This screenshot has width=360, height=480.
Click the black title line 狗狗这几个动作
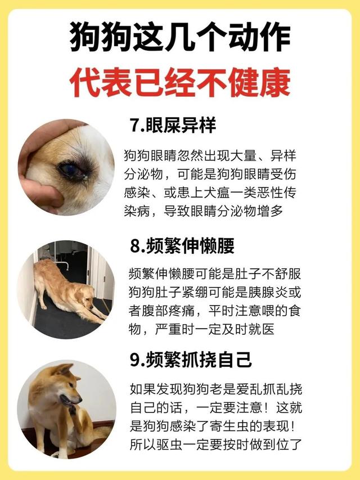[180, 37]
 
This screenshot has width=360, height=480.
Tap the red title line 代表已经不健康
[180, 82]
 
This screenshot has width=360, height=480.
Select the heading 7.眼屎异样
[173, 125]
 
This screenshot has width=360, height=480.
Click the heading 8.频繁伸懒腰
[182, 245]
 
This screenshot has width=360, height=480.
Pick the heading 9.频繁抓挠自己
[191, 360]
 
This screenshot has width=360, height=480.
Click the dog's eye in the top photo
[71, 170]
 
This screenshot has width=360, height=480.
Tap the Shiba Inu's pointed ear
[64, 370]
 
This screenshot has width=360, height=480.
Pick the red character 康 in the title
[275, 82]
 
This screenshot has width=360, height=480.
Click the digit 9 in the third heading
[134, 360]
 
